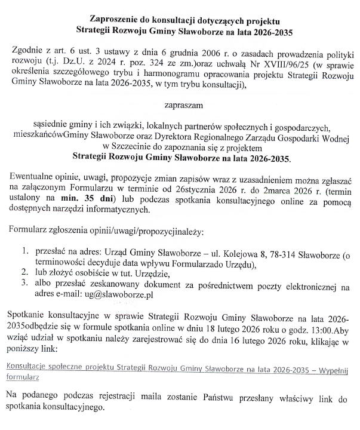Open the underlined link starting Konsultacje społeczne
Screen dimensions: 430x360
(179, 367)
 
